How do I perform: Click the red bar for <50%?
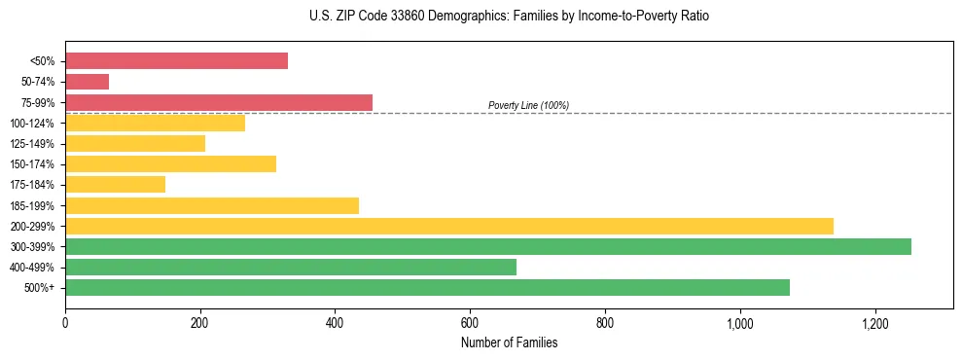176,61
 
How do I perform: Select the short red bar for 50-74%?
87,82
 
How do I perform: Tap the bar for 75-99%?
219,102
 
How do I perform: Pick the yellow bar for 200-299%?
448,226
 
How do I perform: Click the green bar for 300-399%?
487,246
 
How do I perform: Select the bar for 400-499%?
290,267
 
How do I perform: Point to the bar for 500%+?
427,287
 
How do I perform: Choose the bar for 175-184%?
115,184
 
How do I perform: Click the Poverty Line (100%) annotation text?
528,105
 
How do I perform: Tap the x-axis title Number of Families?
509,343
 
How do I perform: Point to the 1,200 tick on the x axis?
875,322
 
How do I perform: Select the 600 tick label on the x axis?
470,322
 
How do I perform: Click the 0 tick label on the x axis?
65,322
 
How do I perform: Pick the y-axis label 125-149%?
32,144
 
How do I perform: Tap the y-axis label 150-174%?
32,164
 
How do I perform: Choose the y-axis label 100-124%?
32,124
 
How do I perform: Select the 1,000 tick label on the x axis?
740,322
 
